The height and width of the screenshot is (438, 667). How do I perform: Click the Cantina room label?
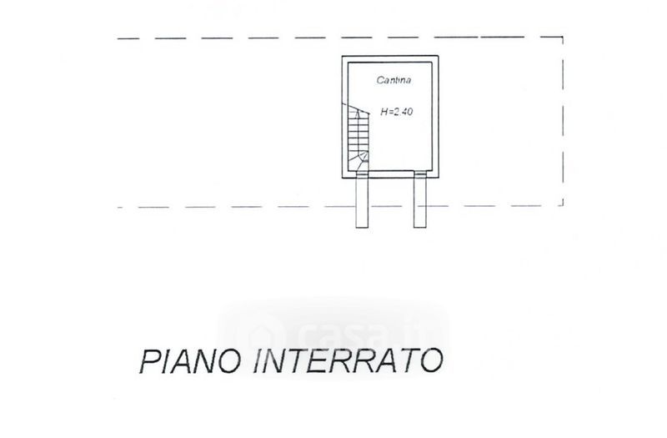393,81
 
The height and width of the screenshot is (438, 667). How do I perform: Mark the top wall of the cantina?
390,56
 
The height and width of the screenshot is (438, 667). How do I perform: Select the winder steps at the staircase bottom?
359,161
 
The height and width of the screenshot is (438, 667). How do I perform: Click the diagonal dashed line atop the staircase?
360,111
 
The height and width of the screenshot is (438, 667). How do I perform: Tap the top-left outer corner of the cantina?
341,54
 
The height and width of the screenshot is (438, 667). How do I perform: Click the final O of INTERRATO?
431,363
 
